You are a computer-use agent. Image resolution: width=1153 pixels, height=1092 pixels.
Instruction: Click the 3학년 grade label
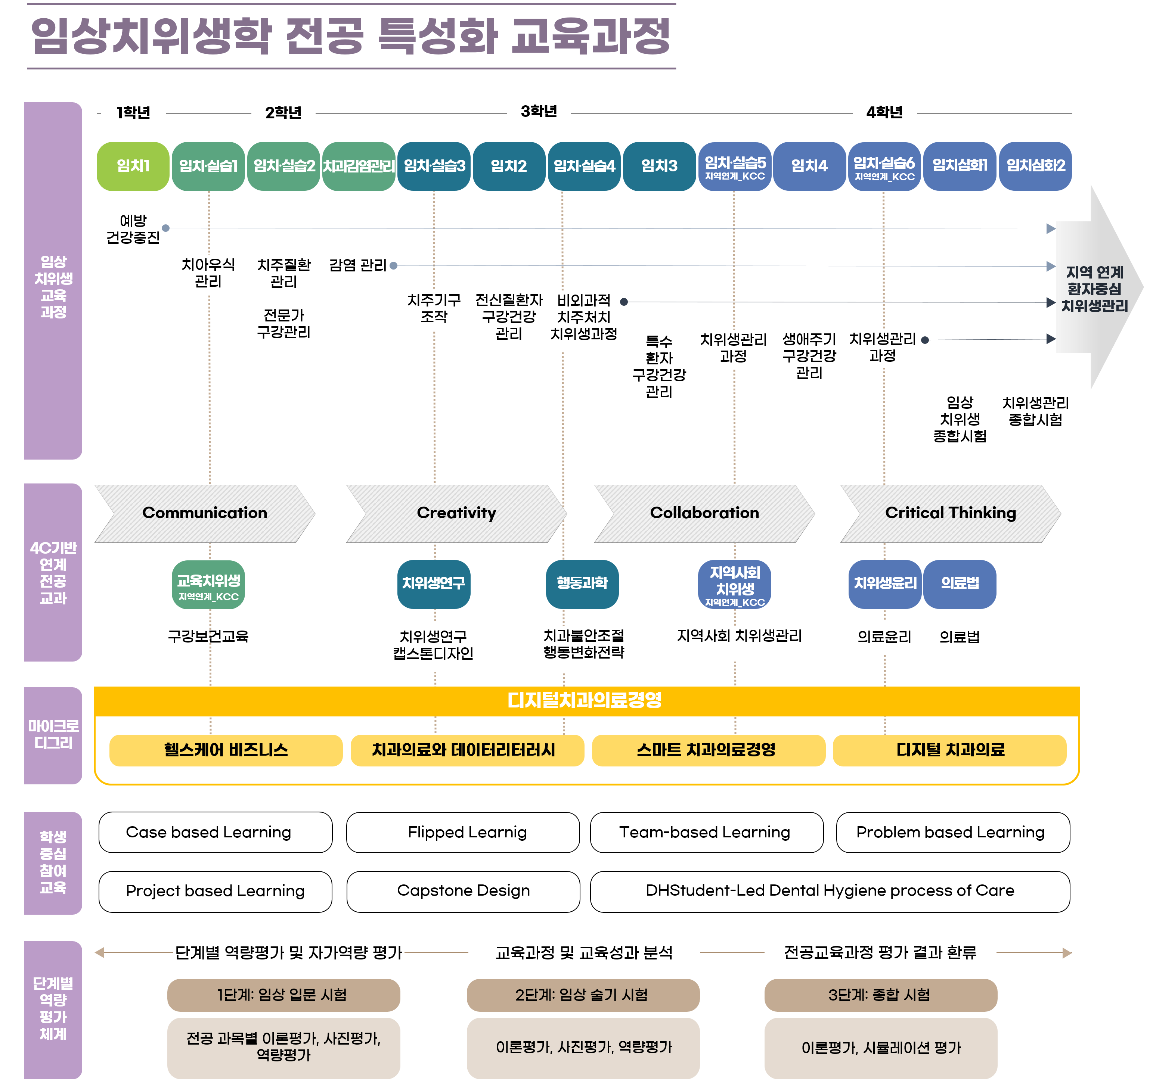click(539, 111)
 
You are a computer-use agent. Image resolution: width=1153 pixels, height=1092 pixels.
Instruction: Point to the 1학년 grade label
click(133, 112)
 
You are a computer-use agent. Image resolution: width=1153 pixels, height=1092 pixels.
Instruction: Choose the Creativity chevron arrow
click(456, 513)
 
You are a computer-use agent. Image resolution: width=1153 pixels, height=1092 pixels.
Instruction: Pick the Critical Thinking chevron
click(950, 513)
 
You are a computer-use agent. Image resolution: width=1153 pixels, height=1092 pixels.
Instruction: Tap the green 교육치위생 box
click(208, 585)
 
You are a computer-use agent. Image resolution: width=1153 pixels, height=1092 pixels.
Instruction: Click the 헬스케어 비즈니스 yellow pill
click(226, 750)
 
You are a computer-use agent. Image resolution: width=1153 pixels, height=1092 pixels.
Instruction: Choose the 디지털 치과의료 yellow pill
click(950, 750)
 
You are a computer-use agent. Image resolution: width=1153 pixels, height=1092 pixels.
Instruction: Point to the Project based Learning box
click(216, 891)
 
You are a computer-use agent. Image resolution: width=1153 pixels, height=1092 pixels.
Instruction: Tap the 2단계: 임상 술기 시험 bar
click(582, 995)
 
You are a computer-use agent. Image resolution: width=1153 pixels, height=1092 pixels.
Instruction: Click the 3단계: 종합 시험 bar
click(880, 995)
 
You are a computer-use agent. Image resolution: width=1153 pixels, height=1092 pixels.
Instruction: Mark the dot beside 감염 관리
click(394, 265)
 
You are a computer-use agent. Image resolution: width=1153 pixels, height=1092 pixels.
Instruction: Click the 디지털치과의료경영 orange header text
click(585, 700)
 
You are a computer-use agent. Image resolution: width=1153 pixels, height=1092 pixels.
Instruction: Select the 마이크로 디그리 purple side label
click(53, 735)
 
